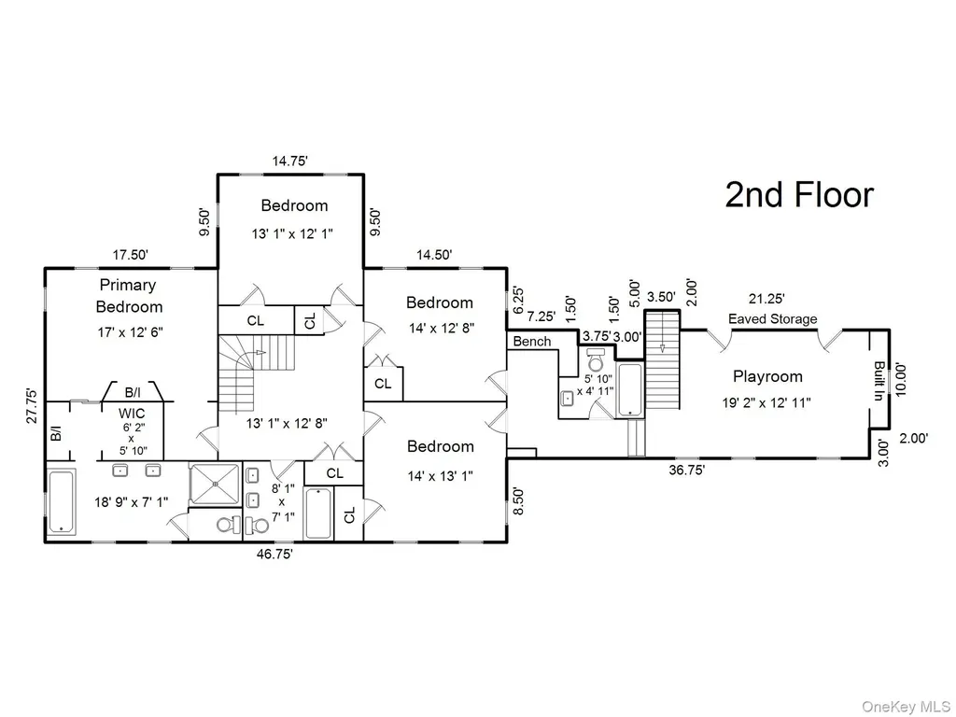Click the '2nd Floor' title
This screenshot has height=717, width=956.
(x=799, y=195)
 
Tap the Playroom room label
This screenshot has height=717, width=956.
(x=767, y=376)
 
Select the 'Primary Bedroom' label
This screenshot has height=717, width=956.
(x=129, y=296)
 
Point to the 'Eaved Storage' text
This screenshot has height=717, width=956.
(x=772, y=319)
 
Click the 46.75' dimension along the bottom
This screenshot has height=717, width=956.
(x=275, y=554)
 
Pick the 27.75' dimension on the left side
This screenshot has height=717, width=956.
(x=33, y=405)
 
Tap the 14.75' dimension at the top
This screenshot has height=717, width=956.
(x=289, y=161)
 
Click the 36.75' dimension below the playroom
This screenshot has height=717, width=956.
(x=686, y=471)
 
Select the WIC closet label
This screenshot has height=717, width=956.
(x=132, y=414)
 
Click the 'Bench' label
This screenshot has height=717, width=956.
(x=531, y=342)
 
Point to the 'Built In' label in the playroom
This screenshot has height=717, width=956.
(x=879, y=381)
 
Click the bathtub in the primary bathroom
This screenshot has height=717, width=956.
(x=62, y=501)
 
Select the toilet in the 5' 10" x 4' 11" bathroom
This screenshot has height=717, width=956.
(x=595, y=361)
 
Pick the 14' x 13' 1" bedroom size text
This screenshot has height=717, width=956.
(x=441, y=475)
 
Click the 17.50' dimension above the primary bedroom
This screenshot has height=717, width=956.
(x=131, y=254)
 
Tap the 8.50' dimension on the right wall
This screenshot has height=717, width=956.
(x=518, y=500)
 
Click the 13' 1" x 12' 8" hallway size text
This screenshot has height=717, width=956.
(x=288, y=423)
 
